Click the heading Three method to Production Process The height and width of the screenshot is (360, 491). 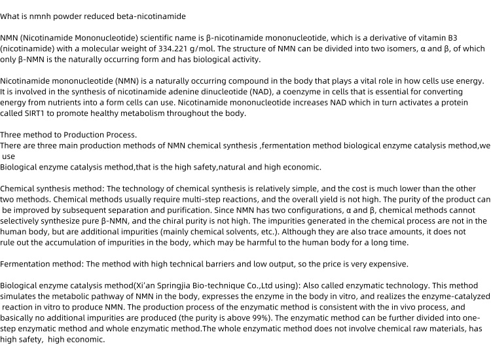click(69, 135)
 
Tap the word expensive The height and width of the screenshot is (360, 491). click(386, 264)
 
